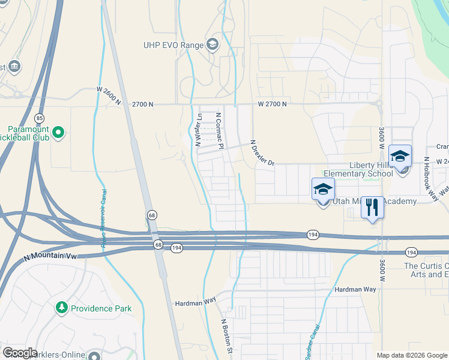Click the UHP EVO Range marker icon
212,44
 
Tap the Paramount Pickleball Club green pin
58,132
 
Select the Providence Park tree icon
61,308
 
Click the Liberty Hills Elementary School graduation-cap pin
400,157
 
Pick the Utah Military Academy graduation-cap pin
323,190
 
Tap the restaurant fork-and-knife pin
373,208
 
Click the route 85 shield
40,118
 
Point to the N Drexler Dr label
262,154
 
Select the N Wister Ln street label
198,130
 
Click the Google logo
20,353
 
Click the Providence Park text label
101,308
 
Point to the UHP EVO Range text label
173,44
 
